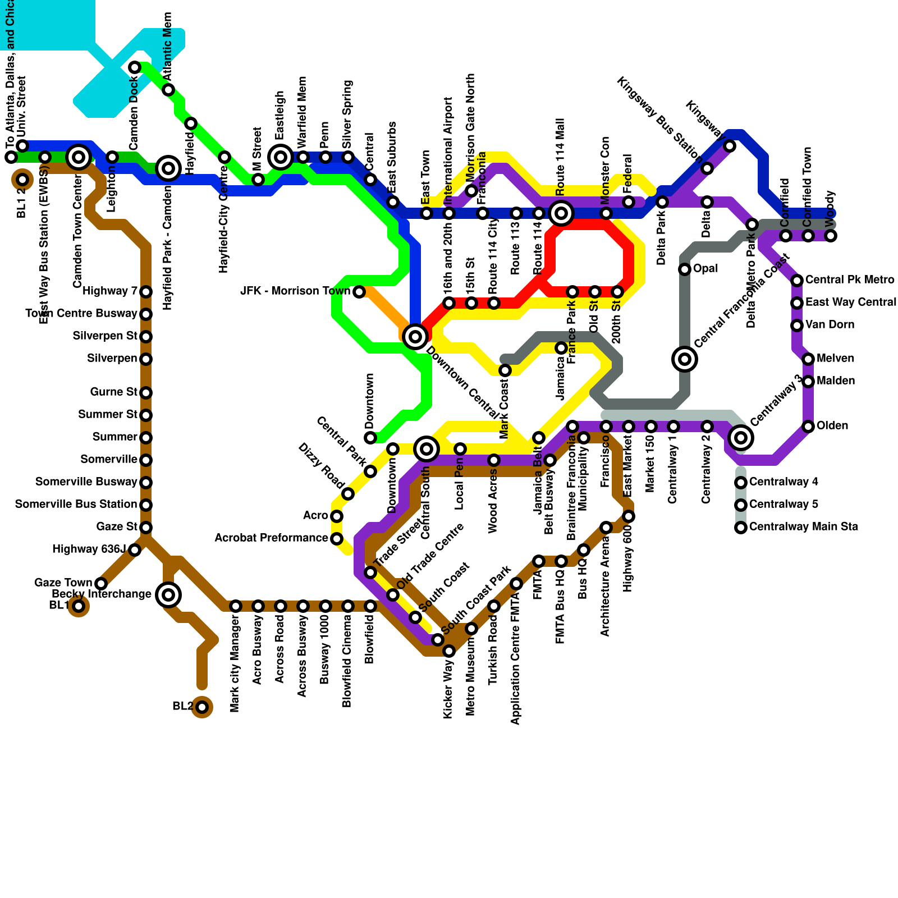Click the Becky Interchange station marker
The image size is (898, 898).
pyautogui.click(x=168, y=594)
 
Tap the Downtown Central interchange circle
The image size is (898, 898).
pyautogui.click(x=415, y=337)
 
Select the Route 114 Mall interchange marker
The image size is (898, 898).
pyautogui.click(x=561, y=213)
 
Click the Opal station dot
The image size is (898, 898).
pyautogui.click(x=685, y=269)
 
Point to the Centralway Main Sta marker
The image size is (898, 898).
pyautogui.click(x=741, y=527)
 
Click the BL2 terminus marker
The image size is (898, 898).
pyautogui.click(x=202, y=707)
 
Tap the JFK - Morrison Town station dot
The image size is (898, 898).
pyautogui.click(x=359, y=292)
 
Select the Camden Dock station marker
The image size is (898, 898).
pyautogui.click(x=135, y=68)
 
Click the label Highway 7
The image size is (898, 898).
pyautogui.click(x=110, y=291)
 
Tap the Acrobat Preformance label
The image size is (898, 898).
pyautogui.click(x=271, y=538)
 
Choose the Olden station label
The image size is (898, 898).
pyautogui.click(x=832, y=426)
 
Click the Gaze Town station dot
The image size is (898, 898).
pyautogui.click(x=101, y=584)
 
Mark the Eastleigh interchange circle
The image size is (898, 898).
pyautogui.click(x=281, y=157)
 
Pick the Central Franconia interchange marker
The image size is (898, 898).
pyautogui.click(x=685, y=359)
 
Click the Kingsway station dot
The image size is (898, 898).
pyautogui.click(x=730, y=146)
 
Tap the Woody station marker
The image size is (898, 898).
pyautogui.click(x=831, y=236)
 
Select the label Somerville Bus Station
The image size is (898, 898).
pyautogui.click(x=76, y=505)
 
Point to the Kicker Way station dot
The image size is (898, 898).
pyautogui.click(x=449, y=651)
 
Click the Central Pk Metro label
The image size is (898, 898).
pyautogui.click(x=850, y=280)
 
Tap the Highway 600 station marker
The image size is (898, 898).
pyautogui.click(x=629, y=516)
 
